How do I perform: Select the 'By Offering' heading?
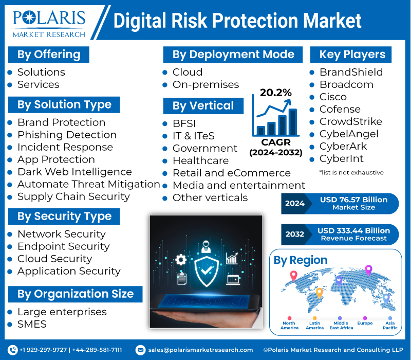49,55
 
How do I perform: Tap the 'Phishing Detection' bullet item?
67,135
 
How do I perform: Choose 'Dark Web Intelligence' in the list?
74,172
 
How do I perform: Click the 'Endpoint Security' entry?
63,246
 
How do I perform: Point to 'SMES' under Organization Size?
32,324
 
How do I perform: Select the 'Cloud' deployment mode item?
188,72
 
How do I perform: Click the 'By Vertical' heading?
203,106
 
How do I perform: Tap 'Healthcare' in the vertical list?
200,160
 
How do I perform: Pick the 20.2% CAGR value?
275,93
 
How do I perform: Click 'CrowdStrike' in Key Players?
350,121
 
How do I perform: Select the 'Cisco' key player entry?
333,97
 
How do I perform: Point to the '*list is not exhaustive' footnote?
351,172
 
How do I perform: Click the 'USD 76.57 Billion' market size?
354,199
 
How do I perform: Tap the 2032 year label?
295,234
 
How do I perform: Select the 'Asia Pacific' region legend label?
390,325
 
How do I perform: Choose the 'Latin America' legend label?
315,325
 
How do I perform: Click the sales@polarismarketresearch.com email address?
200,350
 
